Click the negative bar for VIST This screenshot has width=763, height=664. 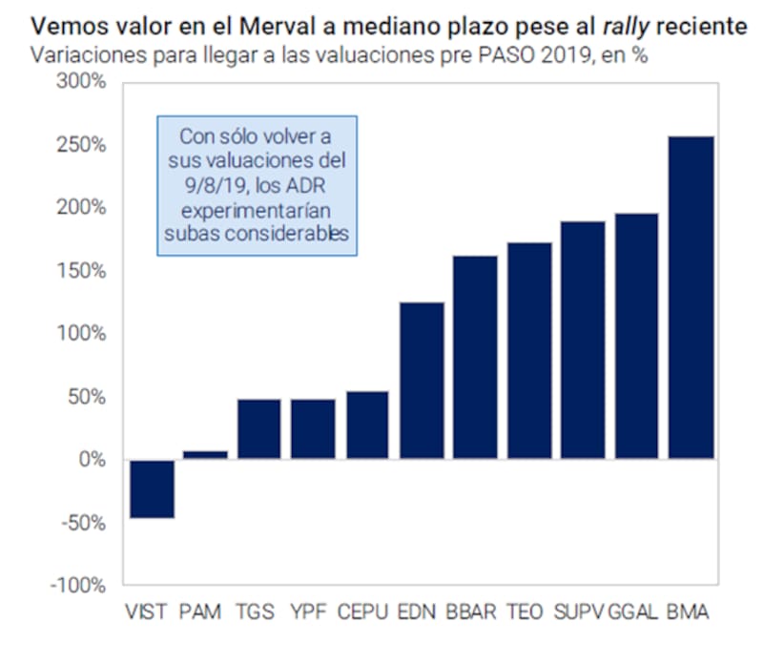[152, 488]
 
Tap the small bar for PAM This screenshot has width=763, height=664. [205, 454]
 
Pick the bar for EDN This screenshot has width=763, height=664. [421, 381]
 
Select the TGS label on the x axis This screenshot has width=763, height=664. [258, 612]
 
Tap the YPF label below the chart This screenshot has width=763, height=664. [311, 612]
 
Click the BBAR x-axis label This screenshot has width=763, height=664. [471, 612]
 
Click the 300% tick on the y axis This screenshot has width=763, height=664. [85, 82]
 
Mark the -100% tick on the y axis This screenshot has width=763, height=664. [80, 586]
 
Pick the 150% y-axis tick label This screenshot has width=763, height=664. [85, 271]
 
